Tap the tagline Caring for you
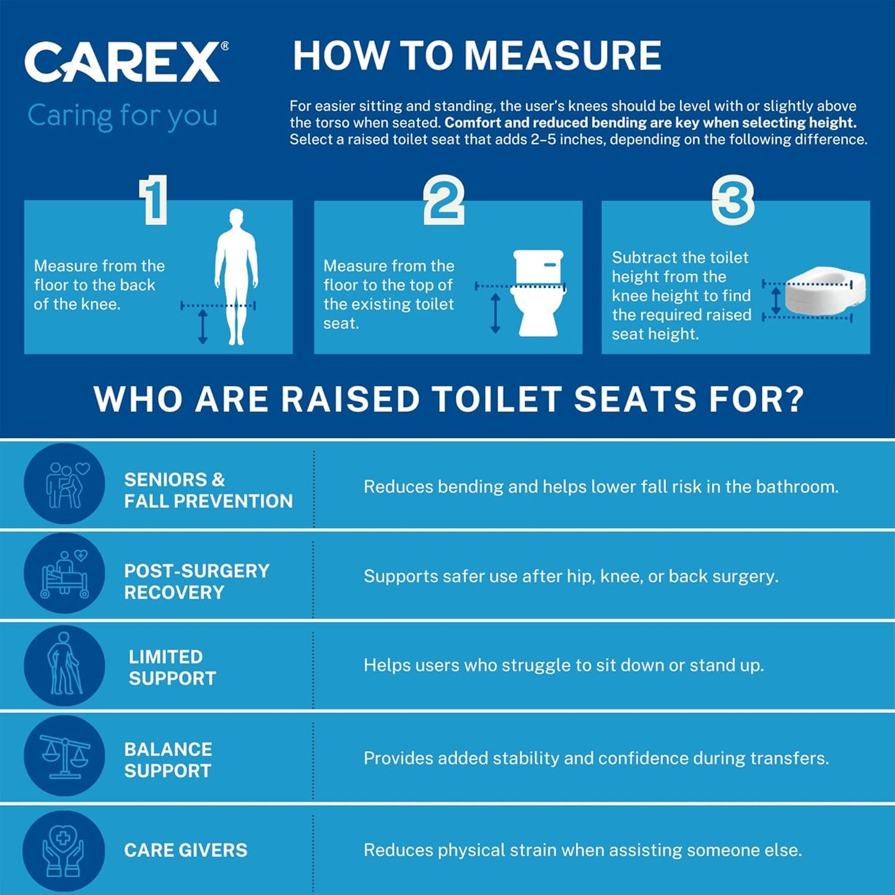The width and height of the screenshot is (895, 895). pyautogui.click(x=123, y=116)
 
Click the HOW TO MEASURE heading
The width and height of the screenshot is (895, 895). pyautogui.click(x=477, y=56)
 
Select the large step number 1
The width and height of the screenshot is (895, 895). pyautogui.click(x=154, y=199)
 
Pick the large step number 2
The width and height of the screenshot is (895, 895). pyautogui.click(x=443, y=199)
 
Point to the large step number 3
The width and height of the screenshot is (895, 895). pyautogui.click(x=733, y=200)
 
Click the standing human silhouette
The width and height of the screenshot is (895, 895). pyautogui.click(x=236, y=276)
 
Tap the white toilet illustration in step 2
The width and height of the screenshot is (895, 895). pyautogui.click(x=538, y=292)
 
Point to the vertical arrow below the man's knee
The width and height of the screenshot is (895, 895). pyautogui.click(x=203, y=327)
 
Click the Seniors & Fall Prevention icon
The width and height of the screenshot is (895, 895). pyautogui.click(x=64, y=484)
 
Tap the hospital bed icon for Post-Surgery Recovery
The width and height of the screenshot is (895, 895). pyautogui.click(x=64, y=574)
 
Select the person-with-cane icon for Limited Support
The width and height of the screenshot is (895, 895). pyautogui.click(x=64, y=665)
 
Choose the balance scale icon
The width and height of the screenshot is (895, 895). pyautogui.click(x=64, y=756)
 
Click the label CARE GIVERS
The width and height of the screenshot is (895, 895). pyautogui.click(x=186, y=850)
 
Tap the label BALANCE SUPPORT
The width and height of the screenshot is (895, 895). pyautogui.click(x=168, y=760)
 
